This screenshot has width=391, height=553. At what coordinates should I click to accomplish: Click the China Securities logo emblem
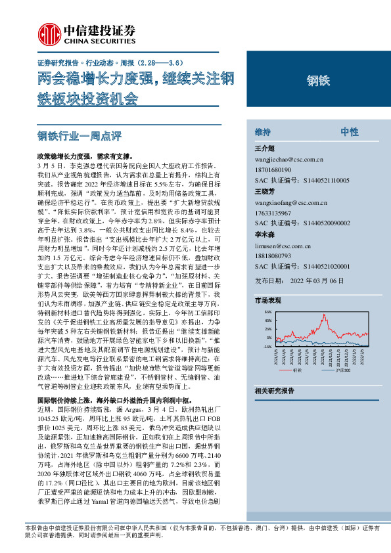click(47, 33)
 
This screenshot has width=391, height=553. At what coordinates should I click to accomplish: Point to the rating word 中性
click(349, 132)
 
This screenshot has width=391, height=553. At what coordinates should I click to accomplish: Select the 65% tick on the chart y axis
click(267, 312)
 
